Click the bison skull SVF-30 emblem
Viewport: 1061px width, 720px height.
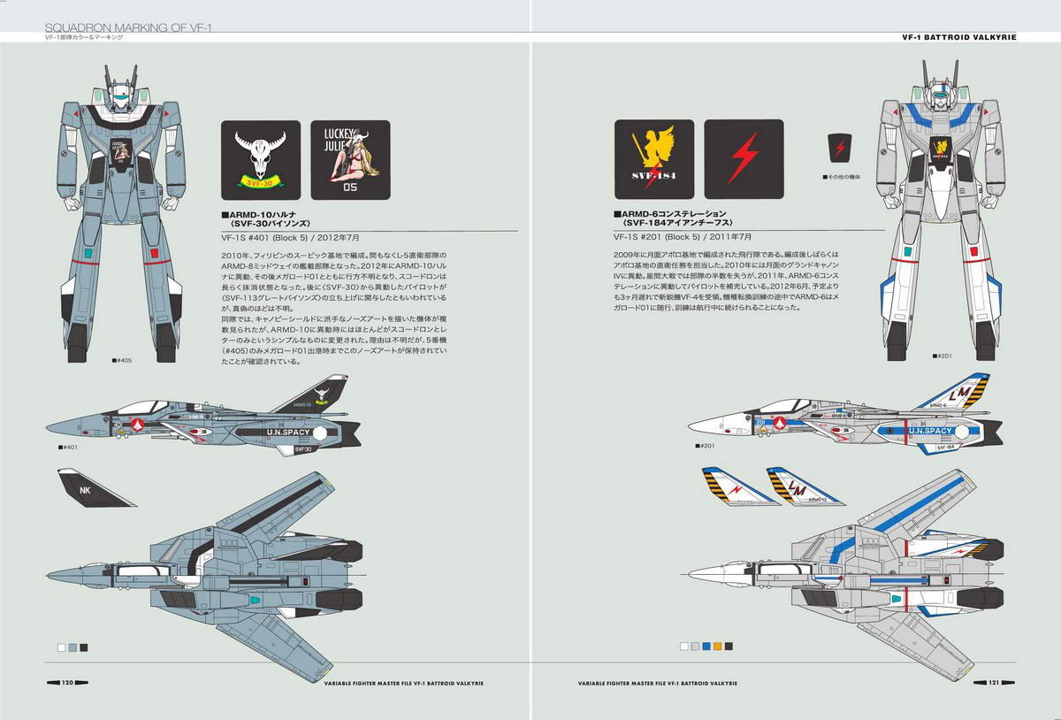pyautogui.click(x=260, y=159)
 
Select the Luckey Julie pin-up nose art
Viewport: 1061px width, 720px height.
pyautogui.click(x=350, y=159)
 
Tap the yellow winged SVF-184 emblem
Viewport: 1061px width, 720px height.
pyautogui.click(x=654, y=159)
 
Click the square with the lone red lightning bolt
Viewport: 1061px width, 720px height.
pyautogui.click(x=744, y=159)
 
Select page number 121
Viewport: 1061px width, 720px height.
pyautogui.click(x=993, y=682)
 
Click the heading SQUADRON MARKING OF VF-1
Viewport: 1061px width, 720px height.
pyautogui.click(x=133, y=29)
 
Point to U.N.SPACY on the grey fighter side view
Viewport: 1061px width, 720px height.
pyautogui.click(x=290, y=433)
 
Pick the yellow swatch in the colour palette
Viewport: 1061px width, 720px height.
pyautogui.click(x=717, y=647)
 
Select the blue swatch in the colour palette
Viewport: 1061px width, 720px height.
pyautogui.click(x=706, y=647)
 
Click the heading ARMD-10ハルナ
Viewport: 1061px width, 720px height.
pyautogui.click(x=265, y=215)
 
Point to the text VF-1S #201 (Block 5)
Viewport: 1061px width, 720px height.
pyautogui.click(x=658, y=237)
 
